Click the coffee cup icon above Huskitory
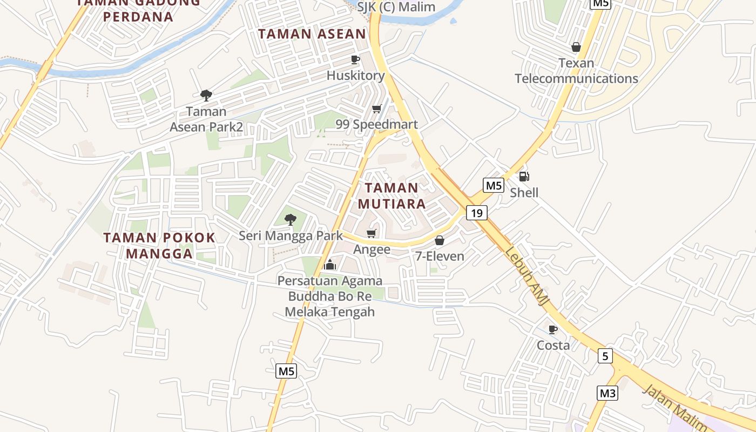355,59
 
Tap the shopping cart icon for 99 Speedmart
377,109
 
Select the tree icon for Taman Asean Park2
206,96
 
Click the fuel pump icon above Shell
524,177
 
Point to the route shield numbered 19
476,213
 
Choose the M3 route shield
607,393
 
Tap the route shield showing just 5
605,356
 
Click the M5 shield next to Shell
494,186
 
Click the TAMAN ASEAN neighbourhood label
312,34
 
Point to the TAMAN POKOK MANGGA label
159,245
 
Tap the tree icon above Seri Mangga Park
291,219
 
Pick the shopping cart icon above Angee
371,233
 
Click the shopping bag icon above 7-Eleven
440,240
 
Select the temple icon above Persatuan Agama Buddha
330,265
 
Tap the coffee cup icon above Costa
553,329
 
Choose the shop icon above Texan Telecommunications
576,47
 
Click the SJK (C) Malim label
396,7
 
